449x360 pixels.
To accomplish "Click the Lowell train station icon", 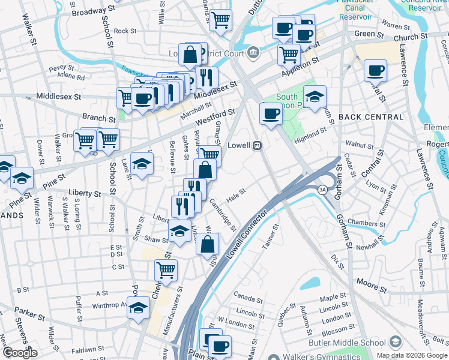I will pos(257,145).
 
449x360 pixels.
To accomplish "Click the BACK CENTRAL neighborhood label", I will pos(370,116).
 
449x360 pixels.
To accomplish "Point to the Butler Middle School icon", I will pos(395,343).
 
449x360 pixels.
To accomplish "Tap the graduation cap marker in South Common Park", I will pos(314,96).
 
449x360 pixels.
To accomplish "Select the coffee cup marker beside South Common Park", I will pos(271,114).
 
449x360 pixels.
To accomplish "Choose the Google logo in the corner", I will pos(19,353).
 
